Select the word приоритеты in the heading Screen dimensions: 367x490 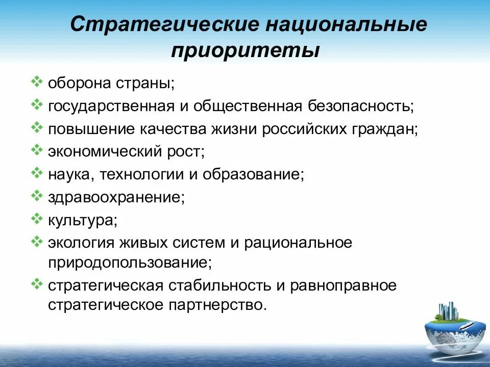[x=246, y=51]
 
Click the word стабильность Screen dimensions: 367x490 [x=220, y=286]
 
